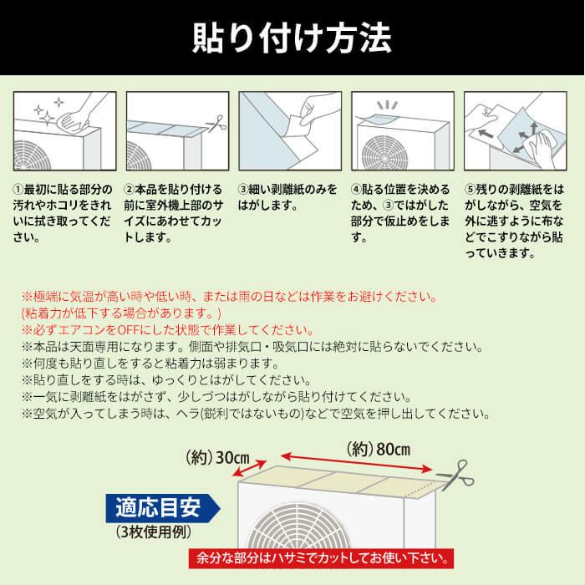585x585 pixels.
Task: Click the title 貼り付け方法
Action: click(292, 38)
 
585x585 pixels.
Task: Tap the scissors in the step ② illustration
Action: click(216, 124)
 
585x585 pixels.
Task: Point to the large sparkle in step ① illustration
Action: click(47, 118)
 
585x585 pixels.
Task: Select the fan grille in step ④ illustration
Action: click(384, 153)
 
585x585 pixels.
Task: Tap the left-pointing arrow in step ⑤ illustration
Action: click(486, 133)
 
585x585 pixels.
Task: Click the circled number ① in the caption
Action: click(18, 190)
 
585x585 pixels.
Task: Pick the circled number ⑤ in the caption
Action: click(470, 190)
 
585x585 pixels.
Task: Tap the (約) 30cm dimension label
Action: click(218, 457)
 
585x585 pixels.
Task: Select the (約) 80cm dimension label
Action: click(379, 450)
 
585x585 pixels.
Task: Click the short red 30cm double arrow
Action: click(249, 469)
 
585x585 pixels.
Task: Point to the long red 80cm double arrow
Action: click(356, 462)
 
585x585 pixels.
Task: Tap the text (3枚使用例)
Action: click(154, 532)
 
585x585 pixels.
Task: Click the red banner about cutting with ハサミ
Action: click(321, 558)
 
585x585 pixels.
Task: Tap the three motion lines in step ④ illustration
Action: click(387, 104)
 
